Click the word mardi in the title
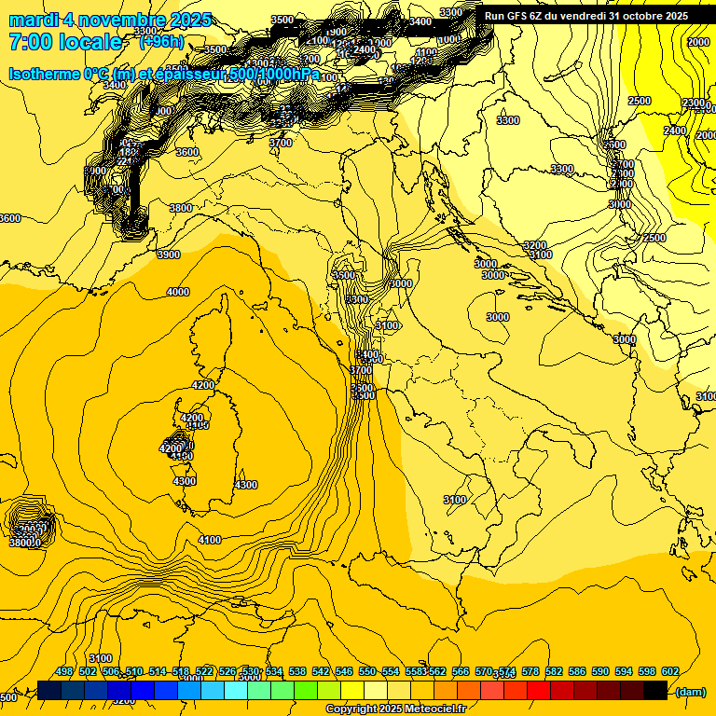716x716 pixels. click(34, 20)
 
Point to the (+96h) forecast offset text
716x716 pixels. click(159, 42)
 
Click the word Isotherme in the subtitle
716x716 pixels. click(43, 74)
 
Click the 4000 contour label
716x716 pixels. click(177, 292)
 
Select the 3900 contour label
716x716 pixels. click(168, 255)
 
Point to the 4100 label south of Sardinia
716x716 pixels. click(210, 540)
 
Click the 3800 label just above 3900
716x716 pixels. click(180, 208)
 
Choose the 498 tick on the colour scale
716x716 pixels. click(64, 671)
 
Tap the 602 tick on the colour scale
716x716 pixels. click(670, 671)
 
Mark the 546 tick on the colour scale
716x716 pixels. click(344, 671)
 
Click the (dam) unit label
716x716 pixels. click(690, 691)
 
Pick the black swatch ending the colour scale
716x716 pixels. click(655, 690)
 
